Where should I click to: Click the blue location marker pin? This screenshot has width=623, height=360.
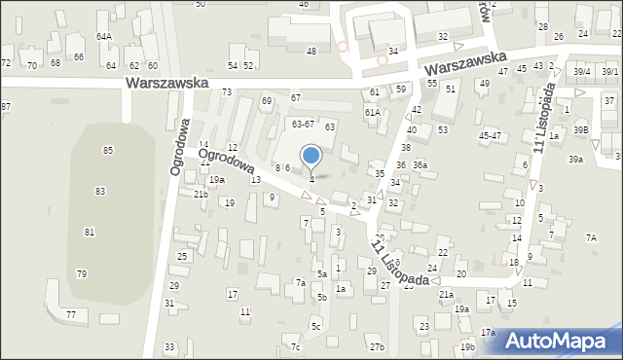click(x=311, y=156)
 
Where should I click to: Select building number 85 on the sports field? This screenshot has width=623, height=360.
click(x=107, y=150)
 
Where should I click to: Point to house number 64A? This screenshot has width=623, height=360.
click(x=103, y=36)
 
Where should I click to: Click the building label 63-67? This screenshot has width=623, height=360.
click(x=303, y=124)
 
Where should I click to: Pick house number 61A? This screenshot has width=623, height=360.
click(x=372, y=112)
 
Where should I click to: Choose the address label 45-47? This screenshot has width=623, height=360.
click(x=489, y=135)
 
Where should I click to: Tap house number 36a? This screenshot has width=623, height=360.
click(x=420, y=165)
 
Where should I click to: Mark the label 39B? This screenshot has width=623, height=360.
click(x=581, y=129)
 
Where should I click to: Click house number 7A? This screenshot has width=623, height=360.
click(x=590, y=237)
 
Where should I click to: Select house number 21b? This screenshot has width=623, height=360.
click(x=200, y=195)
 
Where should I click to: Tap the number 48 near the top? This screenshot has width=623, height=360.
click(x=311, y=51)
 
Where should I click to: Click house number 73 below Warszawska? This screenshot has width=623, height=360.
click(x=227, y=91)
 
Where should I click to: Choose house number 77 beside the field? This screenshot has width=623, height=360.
click(x=70, y=314)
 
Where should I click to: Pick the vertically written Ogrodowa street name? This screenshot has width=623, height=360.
click(x=179, y=147)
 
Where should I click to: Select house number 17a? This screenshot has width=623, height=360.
click(x=487, y=333)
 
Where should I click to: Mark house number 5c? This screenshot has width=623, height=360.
click(x=315, y=326)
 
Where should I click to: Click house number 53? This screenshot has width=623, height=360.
click(x=443, y=129)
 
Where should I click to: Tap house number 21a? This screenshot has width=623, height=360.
click(x=446, y=294)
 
